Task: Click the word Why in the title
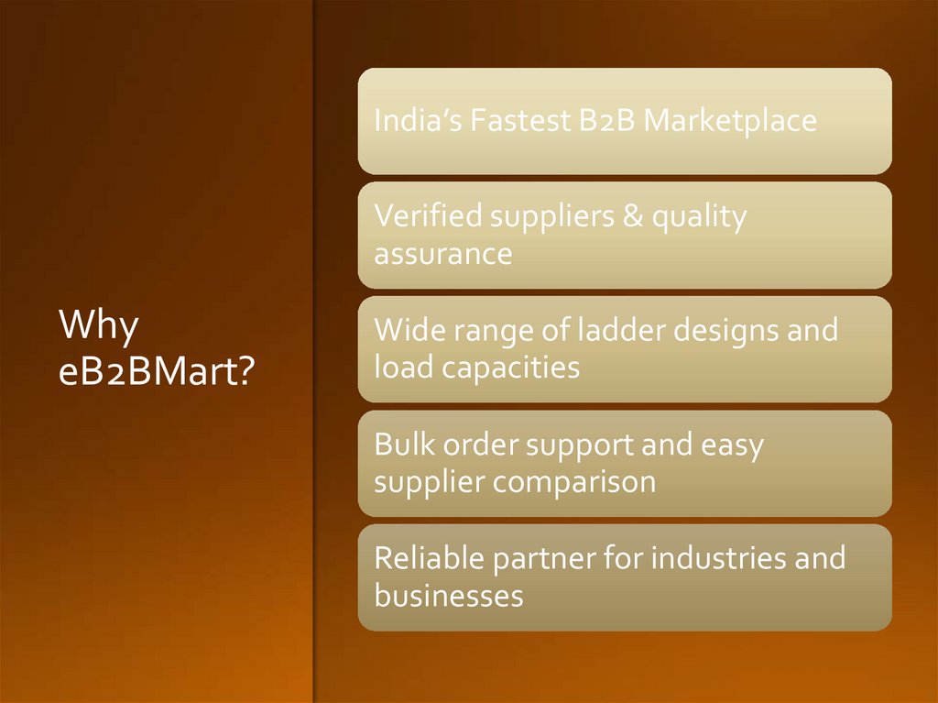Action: pos(99,326)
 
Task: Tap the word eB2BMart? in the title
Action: pos(156,372)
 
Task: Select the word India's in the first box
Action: pos(418,121)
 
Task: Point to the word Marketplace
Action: pos(729,121)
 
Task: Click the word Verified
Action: pos(428,217)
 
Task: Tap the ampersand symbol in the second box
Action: pos(630,217)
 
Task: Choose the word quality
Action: pos(699,218)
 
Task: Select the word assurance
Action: pos(442,254)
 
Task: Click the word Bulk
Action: pos(405,445)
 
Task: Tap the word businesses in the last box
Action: pos(449,597)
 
